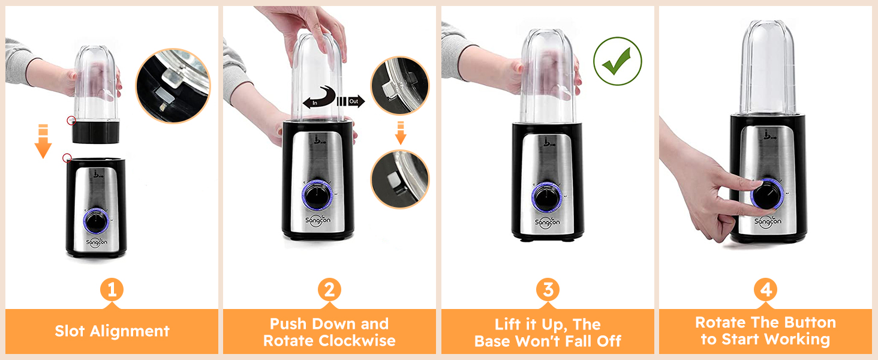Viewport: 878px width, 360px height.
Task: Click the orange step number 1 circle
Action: coord(111,290)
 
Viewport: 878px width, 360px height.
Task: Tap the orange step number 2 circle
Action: coord(329,290)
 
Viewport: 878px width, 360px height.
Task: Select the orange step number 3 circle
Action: coord(548,290)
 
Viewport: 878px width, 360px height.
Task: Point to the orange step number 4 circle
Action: coord(766,290)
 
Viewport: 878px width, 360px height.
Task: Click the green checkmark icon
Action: coord(618,61)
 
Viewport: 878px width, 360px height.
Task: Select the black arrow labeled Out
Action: coord(351,101)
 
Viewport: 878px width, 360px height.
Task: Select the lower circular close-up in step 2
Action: coord(400,179)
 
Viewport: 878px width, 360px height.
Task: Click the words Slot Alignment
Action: coord(112,331)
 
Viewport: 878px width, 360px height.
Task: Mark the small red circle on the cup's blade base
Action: coord(71,121)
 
